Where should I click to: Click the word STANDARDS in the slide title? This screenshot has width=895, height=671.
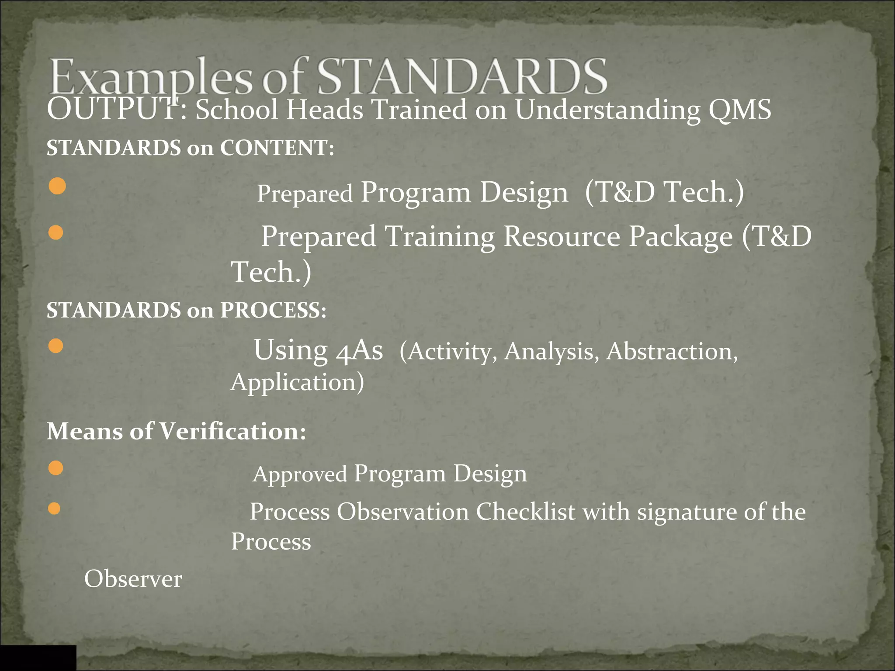pyautogui.click(x=461, y=77)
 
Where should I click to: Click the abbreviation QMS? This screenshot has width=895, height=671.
pyautogui.click(x=739, y=109)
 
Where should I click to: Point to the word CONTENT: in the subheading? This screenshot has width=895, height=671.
pyautogui.click(x=277, y=148)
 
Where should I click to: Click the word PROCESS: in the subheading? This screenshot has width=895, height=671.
pyautogui.click(x=273, y=310)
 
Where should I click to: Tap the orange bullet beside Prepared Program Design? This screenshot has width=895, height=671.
pyautogui.click(x=57, y=186)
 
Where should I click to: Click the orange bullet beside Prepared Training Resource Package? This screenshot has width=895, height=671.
pyautogui.click(x=56, y=232)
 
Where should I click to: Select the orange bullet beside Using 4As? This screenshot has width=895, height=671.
pyautogui.click(x=56, y=346)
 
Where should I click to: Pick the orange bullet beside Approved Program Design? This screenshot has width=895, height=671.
pyautogui.click(x=56, y=468)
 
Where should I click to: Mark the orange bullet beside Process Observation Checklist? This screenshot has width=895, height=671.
pyautogui.click(x=55, y=508)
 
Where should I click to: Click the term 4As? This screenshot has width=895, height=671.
pyautogui.click(x=359, y=350)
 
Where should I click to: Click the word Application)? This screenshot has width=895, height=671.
pyautogui.click(x=297, y=382)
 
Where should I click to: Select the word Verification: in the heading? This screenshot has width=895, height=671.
pyautogui.click(x=232, y=431)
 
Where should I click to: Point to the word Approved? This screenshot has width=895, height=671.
pyautogui.click(x=300, y=474)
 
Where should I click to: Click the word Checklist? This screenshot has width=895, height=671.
pyautogui.click(x=525, y=512)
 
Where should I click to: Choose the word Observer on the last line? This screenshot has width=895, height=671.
pyautogui.click(x=133, y=579)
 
